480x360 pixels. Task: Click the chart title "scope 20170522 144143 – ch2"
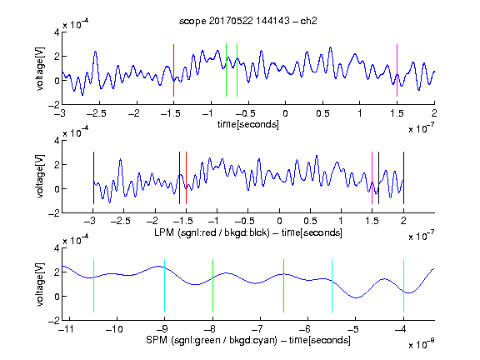[248, 21]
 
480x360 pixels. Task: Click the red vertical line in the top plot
[173, 70]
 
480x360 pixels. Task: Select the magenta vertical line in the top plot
[397, 70]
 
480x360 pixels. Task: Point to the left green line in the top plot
[226, 70]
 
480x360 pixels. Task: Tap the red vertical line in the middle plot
[186, 177]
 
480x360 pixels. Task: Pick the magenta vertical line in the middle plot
[372, 177]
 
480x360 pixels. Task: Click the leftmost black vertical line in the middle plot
[93, 177]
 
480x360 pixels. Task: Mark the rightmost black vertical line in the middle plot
[403, 177]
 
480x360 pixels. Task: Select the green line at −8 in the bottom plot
[212, 286]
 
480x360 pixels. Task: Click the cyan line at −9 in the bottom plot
[165, 286]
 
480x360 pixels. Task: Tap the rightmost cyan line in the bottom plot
[403, 286]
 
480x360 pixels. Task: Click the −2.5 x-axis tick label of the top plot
[96, 113]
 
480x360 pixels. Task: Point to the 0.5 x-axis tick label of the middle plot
[310, 221]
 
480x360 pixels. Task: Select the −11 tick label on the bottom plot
[66, 329]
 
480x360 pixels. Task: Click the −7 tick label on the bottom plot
[259, 329]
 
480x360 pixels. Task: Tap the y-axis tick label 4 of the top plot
[57, 32]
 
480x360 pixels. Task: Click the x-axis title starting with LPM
[248, 232]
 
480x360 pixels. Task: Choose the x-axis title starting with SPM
[248, 340]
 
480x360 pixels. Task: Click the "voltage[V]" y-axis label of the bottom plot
[40, 284]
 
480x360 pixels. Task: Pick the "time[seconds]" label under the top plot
[248, 124]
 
